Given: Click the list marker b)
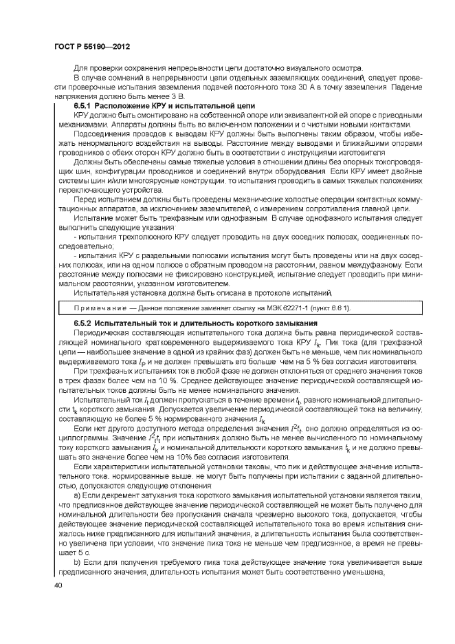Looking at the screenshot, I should [78, 562].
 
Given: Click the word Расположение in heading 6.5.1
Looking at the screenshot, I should [122, 105].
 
